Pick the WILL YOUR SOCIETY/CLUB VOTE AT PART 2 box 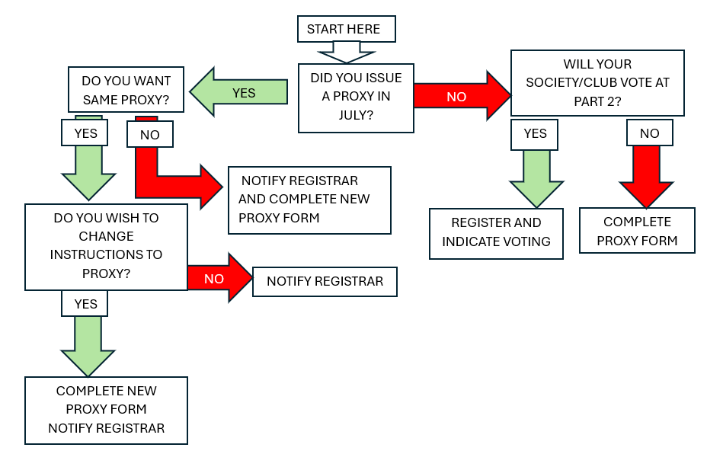(x=597, y=83)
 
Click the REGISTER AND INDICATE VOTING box (x=496, y=232)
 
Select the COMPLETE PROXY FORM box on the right (x=637, y=231)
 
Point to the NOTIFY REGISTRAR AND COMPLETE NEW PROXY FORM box (x=309, y=200)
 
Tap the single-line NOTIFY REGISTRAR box (x=325, y=282)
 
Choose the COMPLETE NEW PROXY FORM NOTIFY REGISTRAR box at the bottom (x=106, y=410)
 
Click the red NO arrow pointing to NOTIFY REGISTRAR (x=218, y=279)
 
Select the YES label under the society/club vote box (x=535, y=134)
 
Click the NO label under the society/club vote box (x=649, y=134)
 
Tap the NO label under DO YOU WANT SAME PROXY (x=150, y=135)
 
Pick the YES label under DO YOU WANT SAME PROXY (x=85, y=133)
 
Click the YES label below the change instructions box (x=85, y=304)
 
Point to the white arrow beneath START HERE (x=347, y=52)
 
